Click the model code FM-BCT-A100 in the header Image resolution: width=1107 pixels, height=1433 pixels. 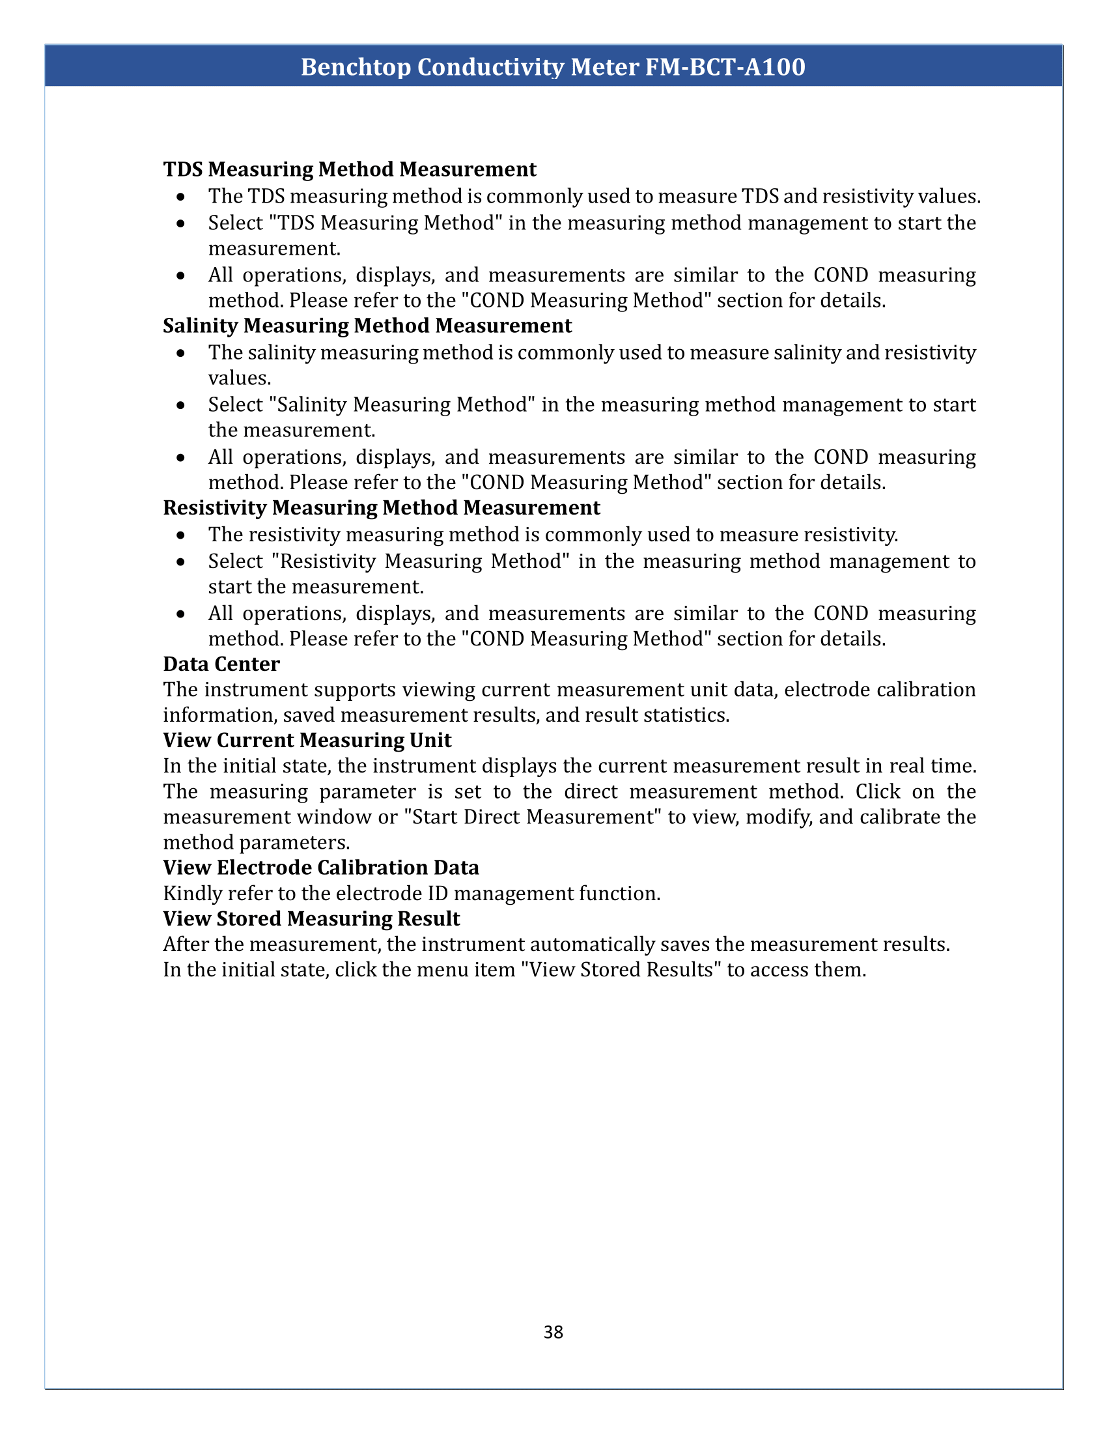pyautogui.click(x=725, y=67)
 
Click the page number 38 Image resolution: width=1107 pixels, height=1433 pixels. pyautogui.click(x=553, y=1332)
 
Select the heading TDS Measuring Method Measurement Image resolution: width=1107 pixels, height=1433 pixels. pyautogui.click(x=350, y=169)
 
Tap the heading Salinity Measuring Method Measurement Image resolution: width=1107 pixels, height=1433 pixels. pyautogui.click(x=367, y=326)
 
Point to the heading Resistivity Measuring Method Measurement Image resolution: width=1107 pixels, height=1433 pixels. pyautogui.click(x=381, y=508)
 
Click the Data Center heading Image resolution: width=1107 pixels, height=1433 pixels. pyautogui.click(x=221, y=664)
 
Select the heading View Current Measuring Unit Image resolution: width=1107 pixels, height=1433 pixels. pyautogui.click(x=307, y=740)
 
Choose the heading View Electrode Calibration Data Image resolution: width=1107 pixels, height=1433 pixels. pyautogui.click(x=320, y=868)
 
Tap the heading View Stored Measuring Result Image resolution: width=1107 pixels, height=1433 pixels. pyautogui.click(x=311, y=918)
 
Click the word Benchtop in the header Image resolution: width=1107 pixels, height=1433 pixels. pyautogui.click(x=355, y=67)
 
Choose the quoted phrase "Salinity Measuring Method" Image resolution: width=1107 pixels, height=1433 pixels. pyautogui.click(x=399, y=405)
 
